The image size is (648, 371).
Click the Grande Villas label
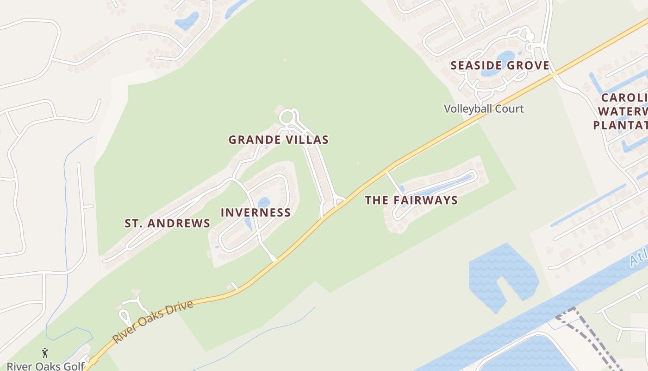tap(279, 140)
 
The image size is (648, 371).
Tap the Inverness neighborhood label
tap(255, 212)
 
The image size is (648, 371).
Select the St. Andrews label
tap(168, 223)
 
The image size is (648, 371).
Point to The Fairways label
tap(411, 200)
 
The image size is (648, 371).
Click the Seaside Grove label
tap(500, 65)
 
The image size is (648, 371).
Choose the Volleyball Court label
tap(484, 109)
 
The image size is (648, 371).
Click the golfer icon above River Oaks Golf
tap(45, 353)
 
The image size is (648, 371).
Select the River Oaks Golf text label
tap(45, 366)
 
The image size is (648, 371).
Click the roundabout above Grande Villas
tap(287, 116)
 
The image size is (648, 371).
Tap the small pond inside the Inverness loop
tap(263, 203)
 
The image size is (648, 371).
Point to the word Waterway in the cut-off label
tap(623, 112)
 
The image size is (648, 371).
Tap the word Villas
tap(308, 140)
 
